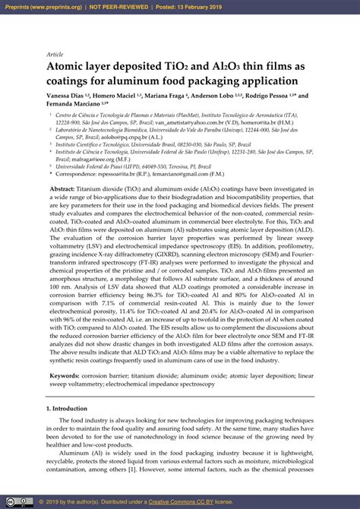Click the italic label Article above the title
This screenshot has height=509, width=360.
pos(55,55)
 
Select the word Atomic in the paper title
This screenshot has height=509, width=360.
pos(69,67)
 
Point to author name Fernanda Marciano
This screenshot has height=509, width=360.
pos(76,104)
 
